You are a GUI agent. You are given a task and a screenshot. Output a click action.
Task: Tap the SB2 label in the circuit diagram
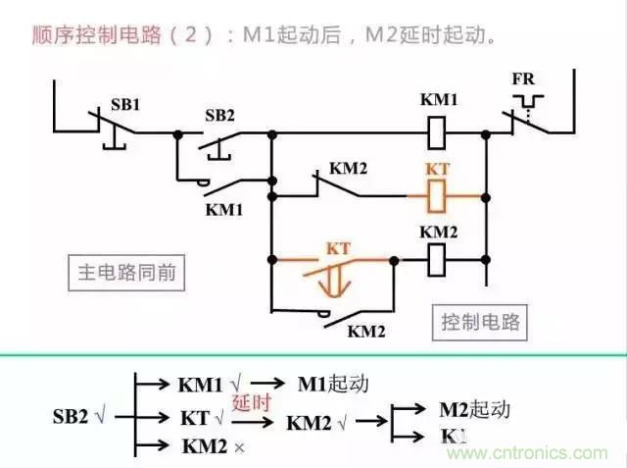[x=220, y=115]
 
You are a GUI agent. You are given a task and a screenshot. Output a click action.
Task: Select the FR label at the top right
[x=523, y=78]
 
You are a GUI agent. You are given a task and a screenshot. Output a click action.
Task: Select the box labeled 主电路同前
[x=127, y=272]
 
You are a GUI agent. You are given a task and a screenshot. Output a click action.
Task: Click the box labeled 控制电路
[x=481, y=321]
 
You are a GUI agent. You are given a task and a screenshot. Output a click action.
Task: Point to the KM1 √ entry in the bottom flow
[x=210, y=384]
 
